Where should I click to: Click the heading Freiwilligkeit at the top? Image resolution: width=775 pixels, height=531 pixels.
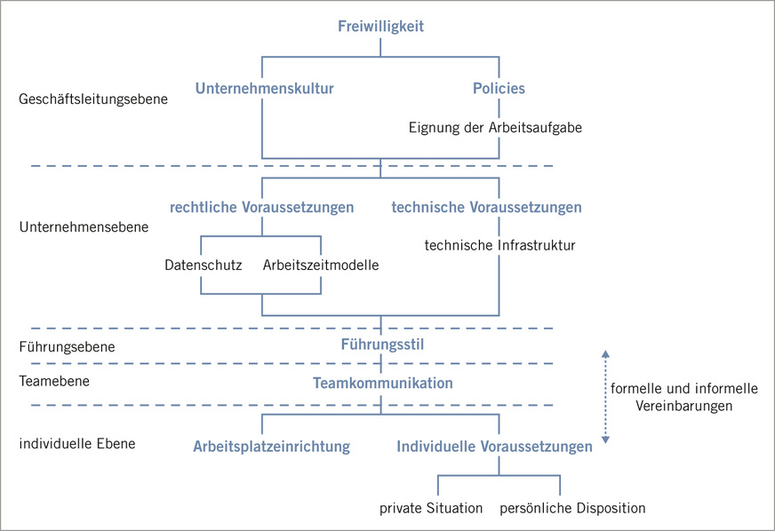380,27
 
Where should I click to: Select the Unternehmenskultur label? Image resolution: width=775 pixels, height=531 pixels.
264,89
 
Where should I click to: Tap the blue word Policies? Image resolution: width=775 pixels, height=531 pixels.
499,89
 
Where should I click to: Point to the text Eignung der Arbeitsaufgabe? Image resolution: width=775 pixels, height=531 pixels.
495,128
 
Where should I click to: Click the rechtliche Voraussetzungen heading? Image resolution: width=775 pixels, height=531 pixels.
261,208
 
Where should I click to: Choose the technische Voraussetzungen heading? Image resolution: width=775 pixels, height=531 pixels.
486,208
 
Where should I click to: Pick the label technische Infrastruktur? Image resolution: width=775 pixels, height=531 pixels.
499,245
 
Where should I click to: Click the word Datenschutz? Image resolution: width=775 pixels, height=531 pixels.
204,265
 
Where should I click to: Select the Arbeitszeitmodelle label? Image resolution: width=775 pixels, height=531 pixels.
321,265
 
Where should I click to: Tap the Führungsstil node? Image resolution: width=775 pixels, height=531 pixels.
381,345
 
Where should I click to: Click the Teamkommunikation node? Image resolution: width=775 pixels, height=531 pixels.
383,384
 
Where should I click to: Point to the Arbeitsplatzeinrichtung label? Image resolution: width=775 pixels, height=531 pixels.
271,447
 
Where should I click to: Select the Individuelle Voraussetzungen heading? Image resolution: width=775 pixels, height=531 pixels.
494,447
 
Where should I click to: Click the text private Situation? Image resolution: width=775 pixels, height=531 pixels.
431,509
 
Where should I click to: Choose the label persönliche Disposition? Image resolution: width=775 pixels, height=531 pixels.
572,509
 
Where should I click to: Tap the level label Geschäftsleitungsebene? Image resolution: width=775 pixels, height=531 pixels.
93,99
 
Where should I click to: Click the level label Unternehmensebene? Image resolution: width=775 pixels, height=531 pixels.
84,227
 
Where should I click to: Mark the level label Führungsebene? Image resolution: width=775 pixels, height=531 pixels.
67,346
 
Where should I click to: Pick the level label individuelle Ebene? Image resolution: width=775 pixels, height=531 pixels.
77,442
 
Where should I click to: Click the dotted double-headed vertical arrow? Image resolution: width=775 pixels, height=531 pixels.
605,396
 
